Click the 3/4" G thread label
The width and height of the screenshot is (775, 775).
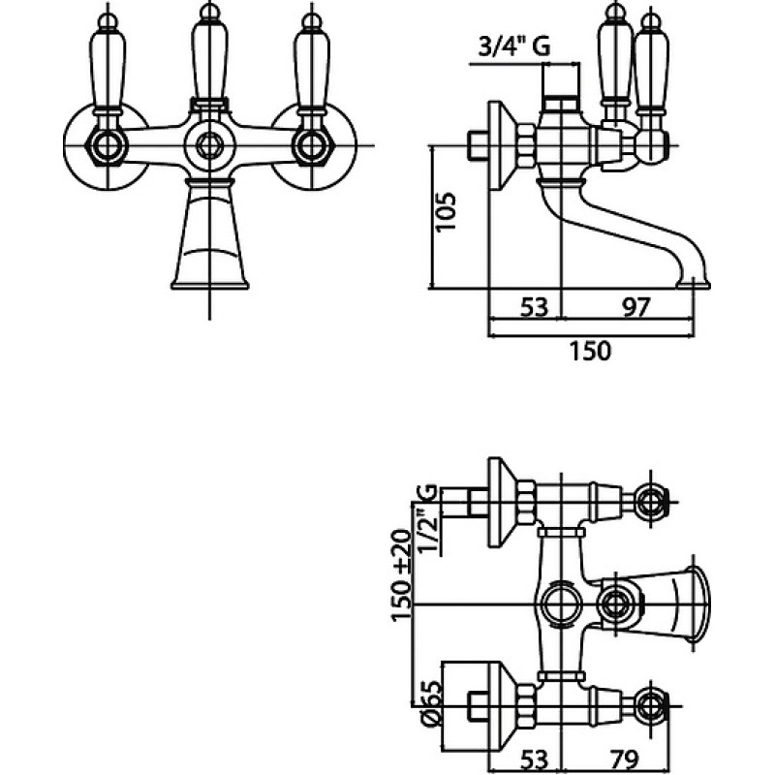[514, 47]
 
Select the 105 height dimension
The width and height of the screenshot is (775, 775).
[446, 211]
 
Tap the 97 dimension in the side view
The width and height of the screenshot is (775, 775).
[635, 307]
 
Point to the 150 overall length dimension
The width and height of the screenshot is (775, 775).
[590, 351]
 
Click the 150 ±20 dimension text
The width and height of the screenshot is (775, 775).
[401, 574]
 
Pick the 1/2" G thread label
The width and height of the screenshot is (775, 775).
[428, 519]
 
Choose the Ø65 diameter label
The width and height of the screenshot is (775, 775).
[431, 702]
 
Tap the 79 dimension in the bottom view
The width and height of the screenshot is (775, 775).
[625, 760]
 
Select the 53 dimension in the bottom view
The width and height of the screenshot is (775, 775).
[535, 760]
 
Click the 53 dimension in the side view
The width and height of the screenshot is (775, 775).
[535, 307]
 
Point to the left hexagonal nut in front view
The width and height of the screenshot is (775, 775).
[108, 146]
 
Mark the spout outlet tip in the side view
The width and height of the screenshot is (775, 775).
[693, 284]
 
